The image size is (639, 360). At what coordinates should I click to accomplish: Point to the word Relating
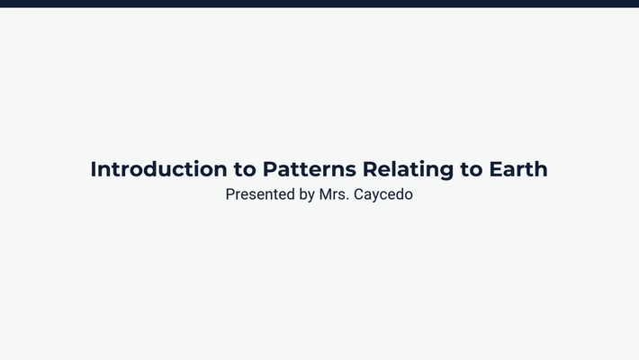pyautogui.click(x=401, y=169)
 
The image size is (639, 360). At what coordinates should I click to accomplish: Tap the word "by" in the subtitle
pyautogui.click(x=306, y=194)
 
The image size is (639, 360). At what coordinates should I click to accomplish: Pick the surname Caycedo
pyautogui.click(x=382, y=194)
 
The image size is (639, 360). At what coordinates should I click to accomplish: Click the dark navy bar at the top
pyautogui.click(x=319, y=4)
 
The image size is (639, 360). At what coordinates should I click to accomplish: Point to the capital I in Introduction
pyautogui.click(x=94, y=169)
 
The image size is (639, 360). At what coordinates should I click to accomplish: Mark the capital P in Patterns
pyautogui.click(x=269, y=169)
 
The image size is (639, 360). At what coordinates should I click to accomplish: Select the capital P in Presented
pyautogui.click(x=230, y=194)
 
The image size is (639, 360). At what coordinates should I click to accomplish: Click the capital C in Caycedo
pyautogui.click(x=357, y=194)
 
